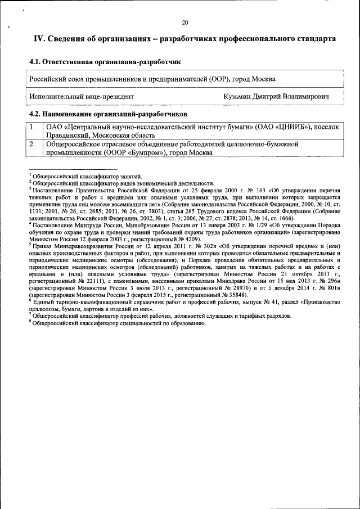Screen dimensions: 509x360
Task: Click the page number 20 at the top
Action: point(184,23)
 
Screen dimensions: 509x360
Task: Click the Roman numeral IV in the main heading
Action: point(39,39)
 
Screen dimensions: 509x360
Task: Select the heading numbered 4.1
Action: point(105,61)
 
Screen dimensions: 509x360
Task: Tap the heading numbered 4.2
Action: point(107,114)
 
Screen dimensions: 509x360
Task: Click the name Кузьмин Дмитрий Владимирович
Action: point(276,97)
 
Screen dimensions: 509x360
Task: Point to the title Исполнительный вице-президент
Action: point(82,97)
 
